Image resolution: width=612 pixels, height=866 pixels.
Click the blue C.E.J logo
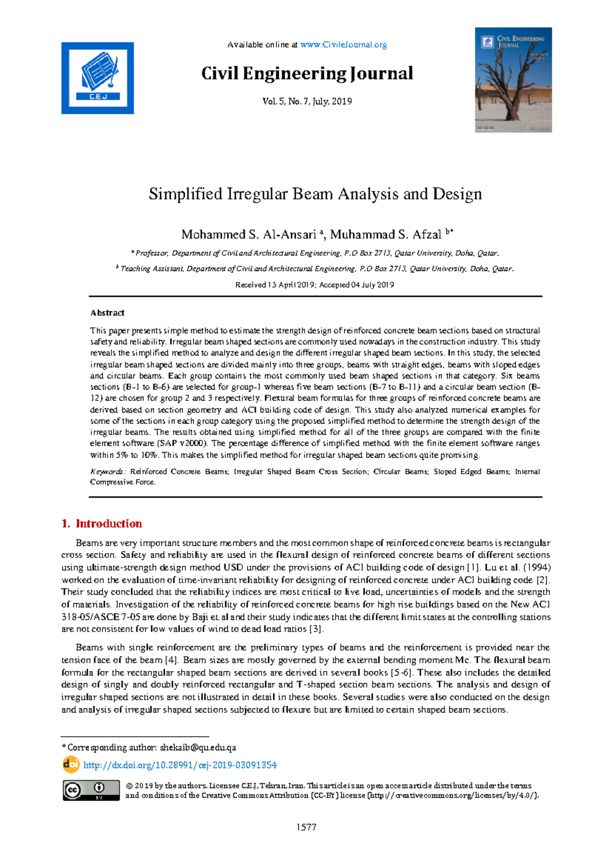[97, 78]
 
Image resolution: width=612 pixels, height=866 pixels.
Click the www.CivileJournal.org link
[343, 45]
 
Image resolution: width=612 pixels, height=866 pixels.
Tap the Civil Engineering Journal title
[307, 74]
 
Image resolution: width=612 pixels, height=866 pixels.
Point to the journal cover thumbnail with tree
[513, 80]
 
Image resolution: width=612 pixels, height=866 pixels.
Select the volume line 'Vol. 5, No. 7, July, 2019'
[307, 101]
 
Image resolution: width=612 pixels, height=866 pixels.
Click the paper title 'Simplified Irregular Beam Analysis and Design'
[315, 194]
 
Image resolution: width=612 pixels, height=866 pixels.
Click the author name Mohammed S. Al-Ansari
[249, 235]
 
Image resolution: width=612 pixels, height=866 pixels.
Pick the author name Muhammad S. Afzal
[386, 235]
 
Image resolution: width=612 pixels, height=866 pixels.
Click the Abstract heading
[107, 312]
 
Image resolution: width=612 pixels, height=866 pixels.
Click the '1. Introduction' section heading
[101, 523]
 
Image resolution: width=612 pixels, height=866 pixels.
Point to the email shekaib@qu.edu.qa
[198, 748]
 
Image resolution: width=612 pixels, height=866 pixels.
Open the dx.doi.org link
[180, 765]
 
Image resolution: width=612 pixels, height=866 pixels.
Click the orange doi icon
[71, 764]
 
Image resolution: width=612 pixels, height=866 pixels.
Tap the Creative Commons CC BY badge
[91, 790]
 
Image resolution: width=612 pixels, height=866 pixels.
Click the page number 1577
[307, 827]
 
